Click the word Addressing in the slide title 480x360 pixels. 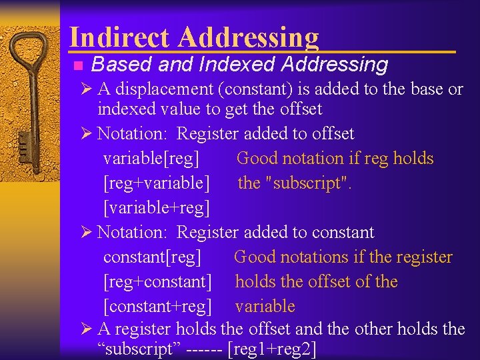click(x=248, y=37)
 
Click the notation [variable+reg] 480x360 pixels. click(x=157, y=208)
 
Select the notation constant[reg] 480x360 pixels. click(x=152, y=257)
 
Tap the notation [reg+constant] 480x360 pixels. click(x=157, y=282)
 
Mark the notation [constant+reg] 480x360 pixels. click(x=157, y=307)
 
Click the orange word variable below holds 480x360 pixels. click(x=265, y=307)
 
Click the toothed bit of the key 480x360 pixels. click(x=24, y=143)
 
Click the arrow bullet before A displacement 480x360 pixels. click(x=87, y=89)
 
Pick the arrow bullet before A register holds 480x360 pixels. click(x=87, y=329)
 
